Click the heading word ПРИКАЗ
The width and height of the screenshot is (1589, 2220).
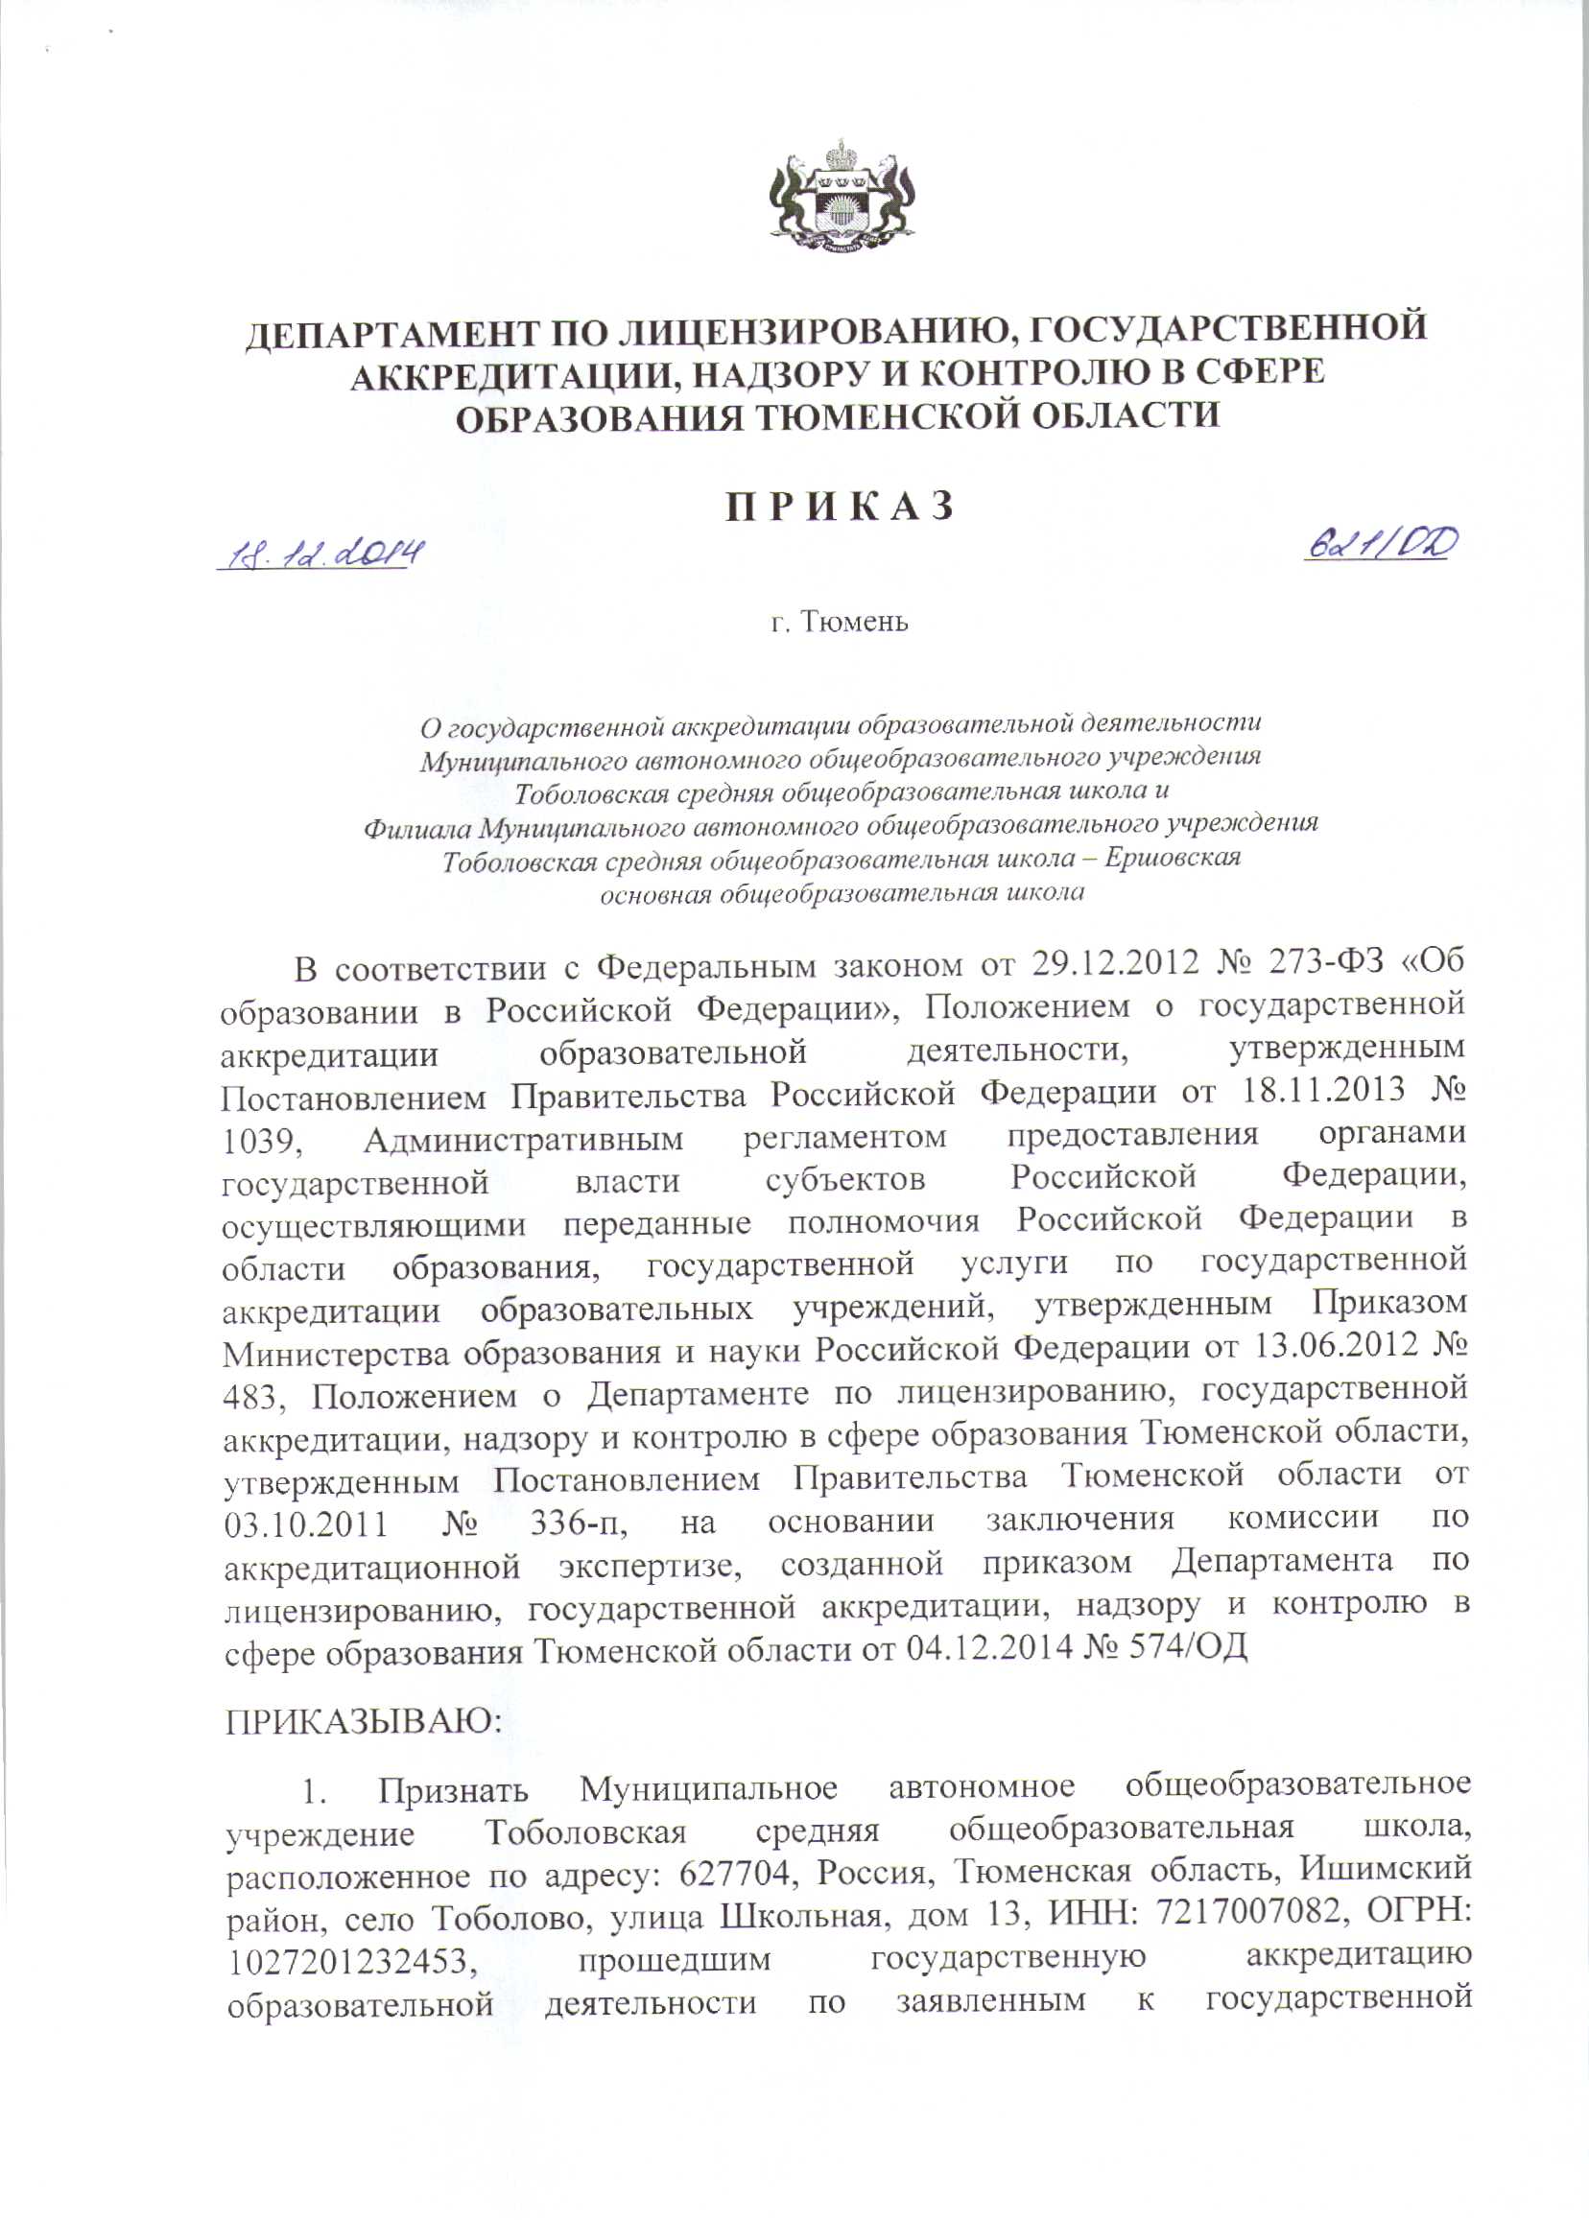pos(839,507)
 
